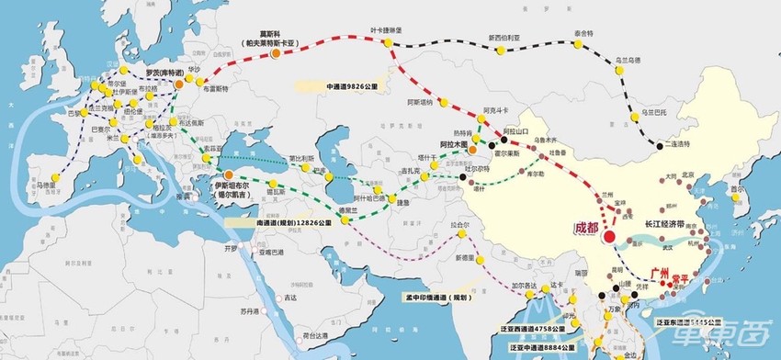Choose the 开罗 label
pos(230,247)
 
